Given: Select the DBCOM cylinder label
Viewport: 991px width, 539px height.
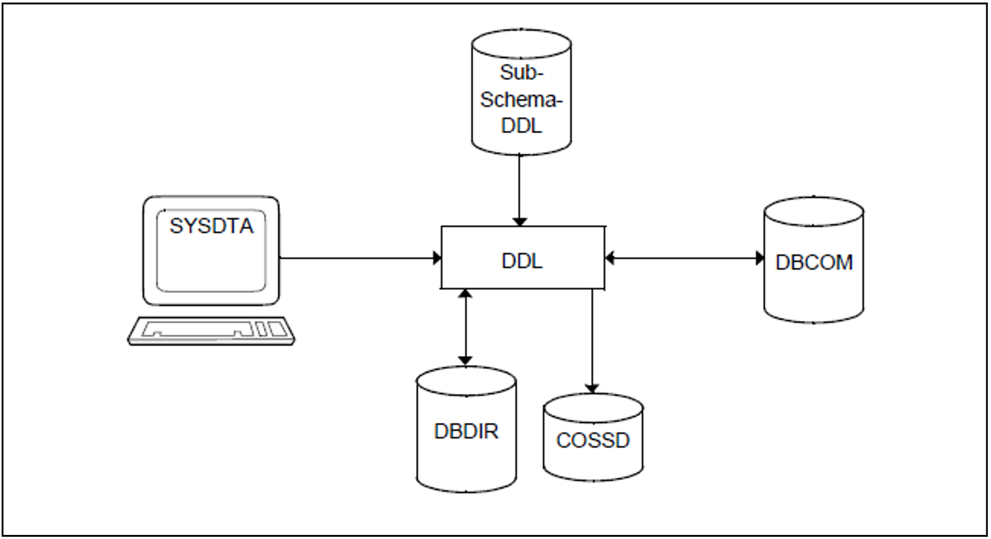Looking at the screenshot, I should coord(814,262).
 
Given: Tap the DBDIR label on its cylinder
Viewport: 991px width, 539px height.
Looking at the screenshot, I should coord(466,431).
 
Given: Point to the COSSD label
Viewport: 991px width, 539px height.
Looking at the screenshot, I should coord(592,440).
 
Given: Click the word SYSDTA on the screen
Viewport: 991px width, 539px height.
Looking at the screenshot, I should coord(211,226).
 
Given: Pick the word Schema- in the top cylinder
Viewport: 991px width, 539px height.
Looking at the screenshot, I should coord(521,99).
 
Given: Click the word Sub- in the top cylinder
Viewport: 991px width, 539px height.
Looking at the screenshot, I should coord(521,72).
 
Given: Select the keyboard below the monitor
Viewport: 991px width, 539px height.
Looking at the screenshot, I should coord(211,331).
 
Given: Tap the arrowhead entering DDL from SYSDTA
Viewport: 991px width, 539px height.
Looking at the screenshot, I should coord(437,258).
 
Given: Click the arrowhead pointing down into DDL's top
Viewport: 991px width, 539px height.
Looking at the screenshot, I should coord(519,222).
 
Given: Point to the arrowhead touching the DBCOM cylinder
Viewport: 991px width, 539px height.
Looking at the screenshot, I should coord(760,258).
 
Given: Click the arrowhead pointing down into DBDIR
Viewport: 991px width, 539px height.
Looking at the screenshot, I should coord(465,361).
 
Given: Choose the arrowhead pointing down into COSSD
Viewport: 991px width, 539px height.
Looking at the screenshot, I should coord(592,388).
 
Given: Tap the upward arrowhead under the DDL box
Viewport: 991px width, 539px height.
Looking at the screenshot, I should coord(465,294).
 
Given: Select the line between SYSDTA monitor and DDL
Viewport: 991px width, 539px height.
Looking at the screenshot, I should coord(355,258).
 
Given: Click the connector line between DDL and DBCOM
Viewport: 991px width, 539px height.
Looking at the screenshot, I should coord(685,258).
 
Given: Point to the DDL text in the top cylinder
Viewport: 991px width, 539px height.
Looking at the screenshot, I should coord(521,125).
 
